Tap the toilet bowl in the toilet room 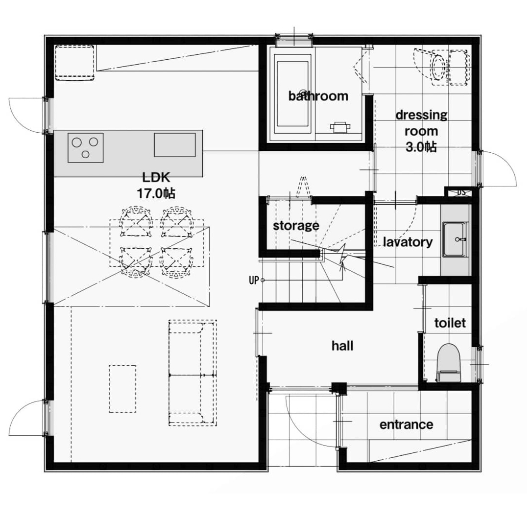pyautogui.click(x=449, y=363)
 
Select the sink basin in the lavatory pyautogui.click(x=456, y=239)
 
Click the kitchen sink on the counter pyautogui.click(x=175, y=144)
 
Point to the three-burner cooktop pyautogui.click(x=85, y=147)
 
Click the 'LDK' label pyautogui.click(x=156, y=177)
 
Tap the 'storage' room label pyautogui.click(x=296, y=226)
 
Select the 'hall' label pyautogui.click(x=342, y=346)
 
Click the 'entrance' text pyautogui.click(x=406, y=424)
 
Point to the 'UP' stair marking pyautogui.click(x=254, y=281)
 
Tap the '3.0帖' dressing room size pyautogui.click(x=421, y=147)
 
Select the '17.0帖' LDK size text pyautogui.click(x=156, y=193)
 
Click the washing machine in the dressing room pyautogui.click(x=441, y=68)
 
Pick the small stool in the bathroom pyautogui.click(x=339, y=127)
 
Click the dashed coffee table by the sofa pyautogui.click(x=122, y=388)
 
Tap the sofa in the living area pyautogui.click(x=193, y=373)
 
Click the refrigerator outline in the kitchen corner pyautogui.click(x=74, y=63)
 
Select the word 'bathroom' pyautogui.click(x=318, y=96)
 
